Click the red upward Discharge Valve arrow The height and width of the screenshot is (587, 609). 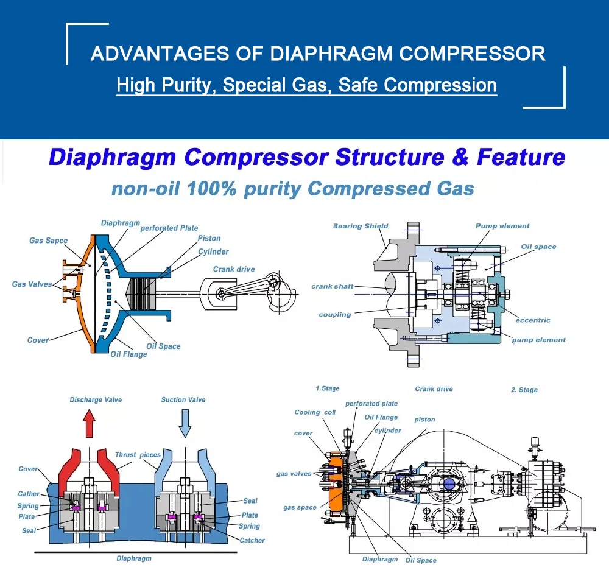pos(89,423)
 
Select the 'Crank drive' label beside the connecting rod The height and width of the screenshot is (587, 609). pos(234,269)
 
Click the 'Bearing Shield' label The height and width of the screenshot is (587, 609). pos(361,226)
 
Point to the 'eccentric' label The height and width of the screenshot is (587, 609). pos(533,320)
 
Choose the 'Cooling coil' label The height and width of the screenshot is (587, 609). pos(315,412)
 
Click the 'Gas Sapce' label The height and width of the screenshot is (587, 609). pos(49,241)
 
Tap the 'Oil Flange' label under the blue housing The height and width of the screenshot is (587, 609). pos(128,354)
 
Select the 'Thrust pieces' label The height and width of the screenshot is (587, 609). pos(138,455)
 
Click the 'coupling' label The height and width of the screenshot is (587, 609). pos(335,315)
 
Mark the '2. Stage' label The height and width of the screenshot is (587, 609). pos(524,390)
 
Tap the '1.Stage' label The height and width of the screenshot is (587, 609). pos(328,388)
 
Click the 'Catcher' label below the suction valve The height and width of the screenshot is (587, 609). pos(252,540)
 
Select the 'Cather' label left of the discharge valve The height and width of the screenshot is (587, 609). pos(29,494)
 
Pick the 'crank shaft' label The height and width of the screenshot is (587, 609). pos(332,286)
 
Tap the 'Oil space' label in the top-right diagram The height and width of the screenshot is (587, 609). pos(538,247)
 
